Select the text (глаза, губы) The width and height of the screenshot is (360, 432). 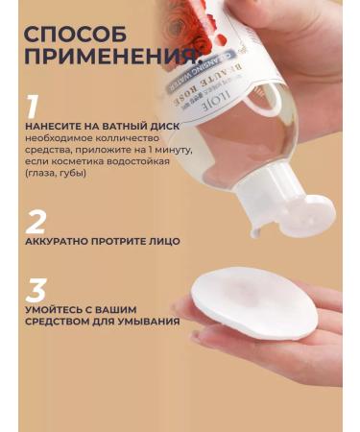coord(57,174)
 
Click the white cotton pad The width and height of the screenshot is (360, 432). coord(254,302)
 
